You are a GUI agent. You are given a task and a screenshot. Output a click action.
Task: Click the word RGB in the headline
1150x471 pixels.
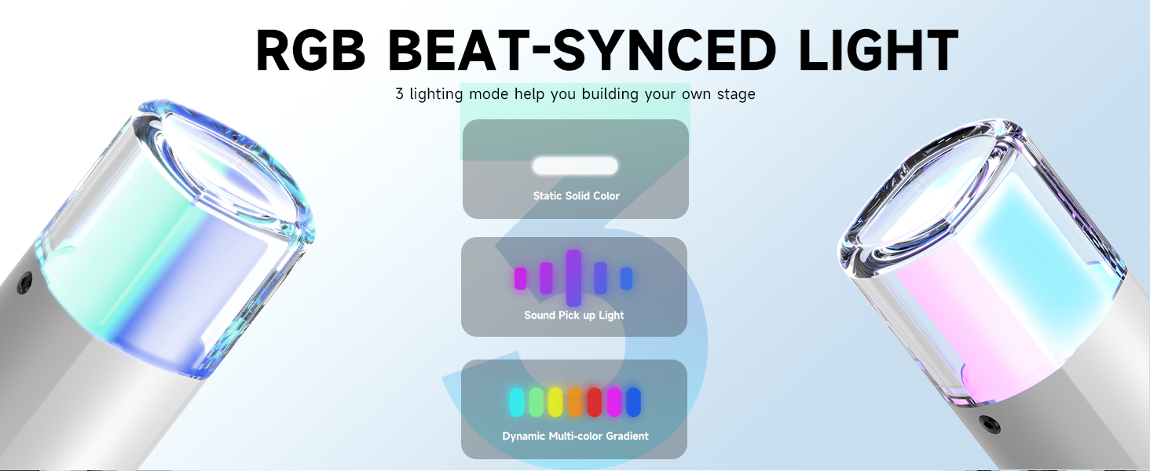(310, 49)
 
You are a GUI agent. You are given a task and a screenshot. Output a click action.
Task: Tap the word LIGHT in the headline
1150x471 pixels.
(878, 49)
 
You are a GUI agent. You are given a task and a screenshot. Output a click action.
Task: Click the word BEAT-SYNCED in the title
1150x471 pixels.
(581, 49)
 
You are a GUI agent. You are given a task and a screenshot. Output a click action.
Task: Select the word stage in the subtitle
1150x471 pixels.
(737, 94)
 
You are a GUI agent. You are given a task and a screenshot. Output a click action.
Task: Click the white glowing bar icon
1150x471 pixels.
(575, 166)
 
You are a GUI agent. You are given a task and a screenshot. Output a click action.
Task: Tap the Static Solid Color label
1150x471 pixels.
(576, 195)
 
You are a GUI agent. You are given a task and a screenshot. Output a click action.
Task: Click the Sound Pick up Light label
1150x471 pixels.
(574, 315)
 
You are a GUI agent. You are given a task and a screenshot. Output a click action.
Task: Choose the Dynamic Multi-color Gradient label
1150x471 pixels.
(575, 436)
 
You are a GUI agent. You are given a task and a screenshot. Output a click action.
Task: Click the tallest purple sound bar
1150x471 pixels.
(573, 278)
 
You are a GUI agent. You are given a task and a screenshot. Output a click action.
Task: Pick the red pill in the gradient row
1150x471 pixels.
(595, 402)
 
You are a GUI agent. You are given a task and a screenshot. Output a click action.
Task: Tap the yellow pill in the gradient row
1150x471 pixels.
(555, 402)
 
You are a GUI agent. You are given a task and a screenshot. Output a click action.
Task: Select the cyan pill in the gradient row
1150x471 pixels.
(517, 402)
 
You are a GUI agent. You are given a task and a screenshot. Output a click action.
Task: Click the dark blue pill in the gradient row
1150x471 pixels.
(634, 402)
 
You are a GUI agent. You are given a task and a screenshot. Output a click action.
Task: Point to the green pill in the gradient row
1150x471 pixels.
(537, 402)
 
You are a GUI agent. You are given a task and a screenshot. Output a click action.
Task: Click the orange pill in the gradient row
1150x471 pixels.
(575, 402)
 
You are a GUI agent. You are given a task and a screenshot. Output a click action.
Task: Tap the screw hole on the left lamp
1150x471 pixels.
(24, 283)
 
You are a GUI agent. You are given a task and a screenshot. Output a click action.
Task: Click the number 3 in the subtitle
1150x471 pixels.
(399, 94)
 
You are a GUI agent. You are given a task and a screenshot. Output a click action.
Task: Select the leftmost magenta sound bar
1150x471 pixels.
(521, 278)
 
